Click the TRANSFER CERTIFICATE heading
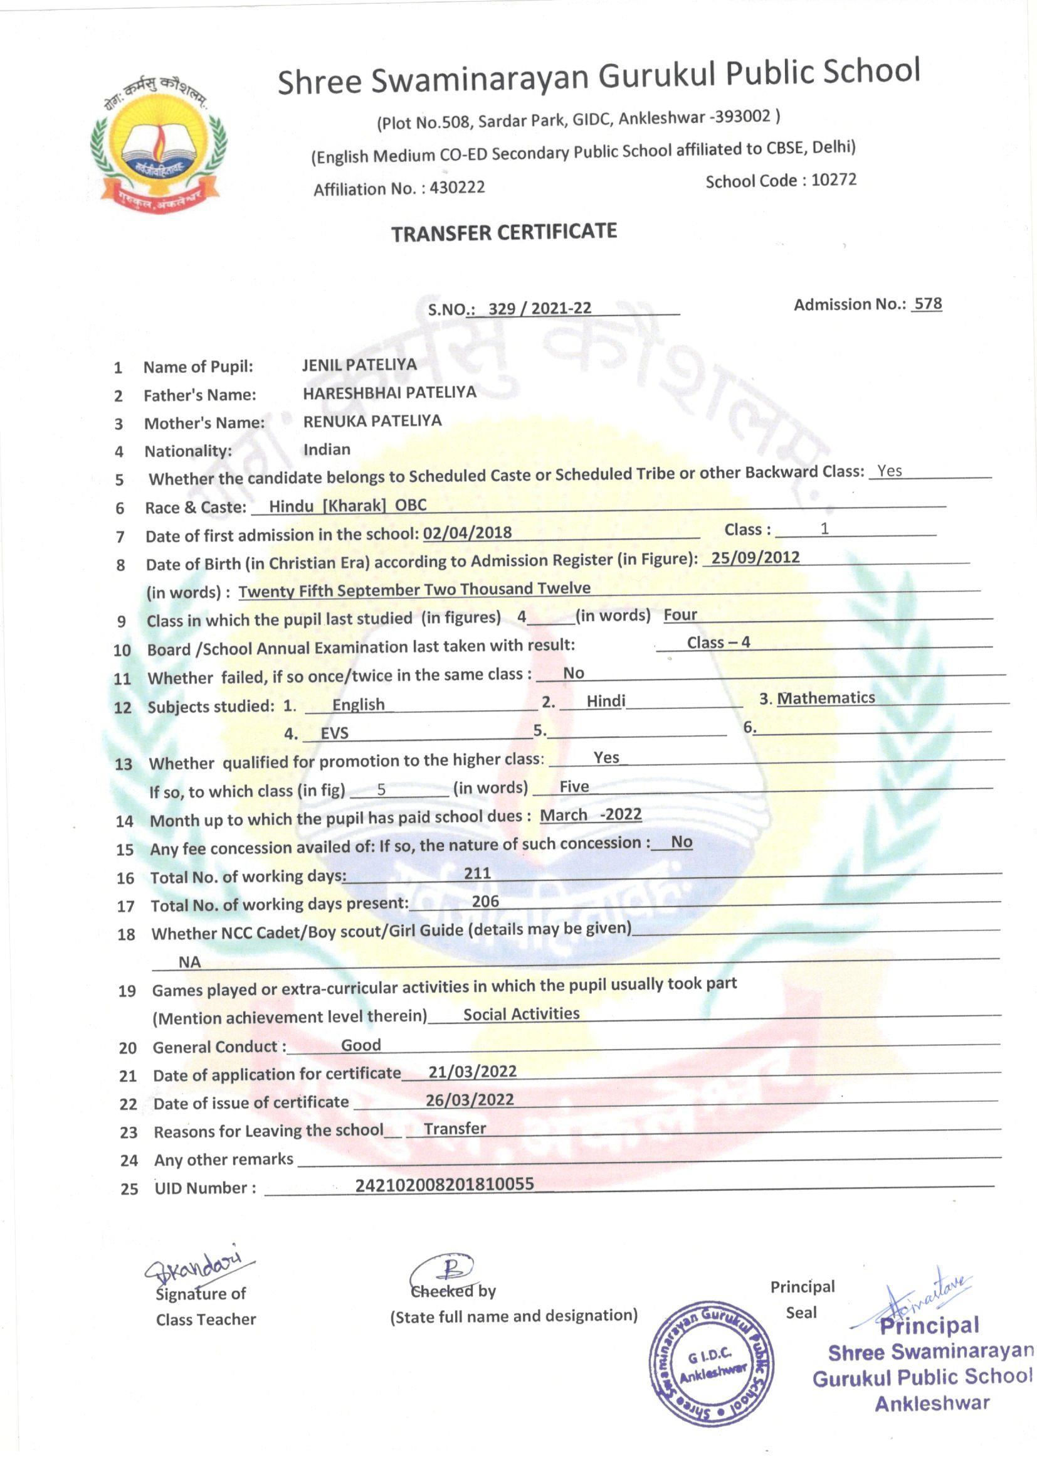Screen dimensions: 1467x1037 [x=504, y=233]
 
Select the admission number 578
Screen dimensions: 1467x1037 [x=927, y=304]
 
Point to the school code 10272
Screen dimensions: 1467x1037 [x=833, y=179]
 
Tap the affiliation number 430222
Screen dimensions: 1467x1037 [x=457, y=187]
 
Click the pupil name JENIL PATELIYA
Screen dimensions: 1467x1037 [x=359, y=365]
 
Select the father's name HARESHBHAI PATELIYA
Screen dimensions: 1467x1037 [x=389, y=393]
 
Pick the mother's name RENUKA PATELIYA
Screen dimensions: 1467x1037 [x=372, y=421]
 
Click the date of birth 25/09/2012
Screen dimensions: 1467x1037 [x=755, y=557]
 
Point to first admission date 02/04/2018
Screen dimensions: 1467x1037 [x=468, y=532]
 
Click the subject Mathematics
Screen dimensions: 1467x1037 [x=826, y=698]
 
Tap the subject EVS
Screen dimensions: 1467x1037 [x=335, y=733]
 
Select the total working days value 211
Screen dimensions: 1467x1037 [x=478, y=873]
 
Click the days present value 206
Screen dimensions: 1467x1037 [x=485, y=901]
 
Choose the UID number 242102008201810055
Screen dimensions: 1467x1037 [x=445, y=1184]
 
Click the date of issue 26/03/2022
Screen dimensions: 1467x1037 [x=470, y=1099]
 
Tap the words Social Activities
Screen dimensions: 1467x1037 [x=521, y=1014]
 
